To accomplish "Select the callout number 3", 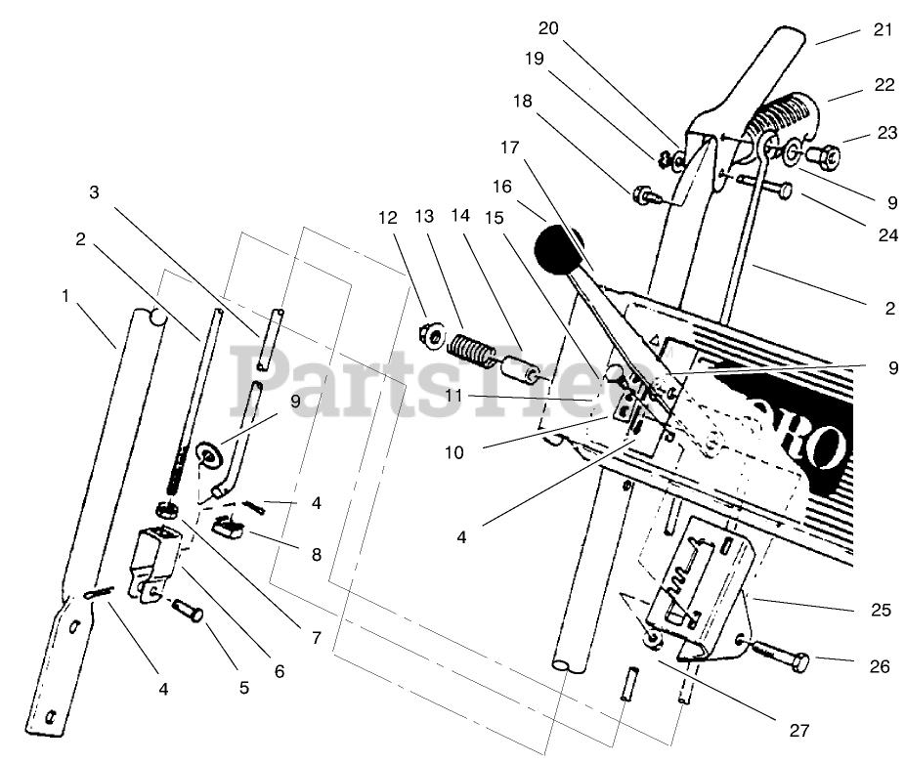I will [95, 193].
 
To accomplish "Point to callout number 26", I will [879, 667].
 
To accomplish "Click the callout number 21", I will [883, 31].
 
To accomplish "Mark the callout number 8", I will [315, 554].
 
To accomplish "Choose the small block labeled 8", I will [232, 529].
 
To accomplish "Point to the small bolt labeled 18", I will [647, 194].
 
